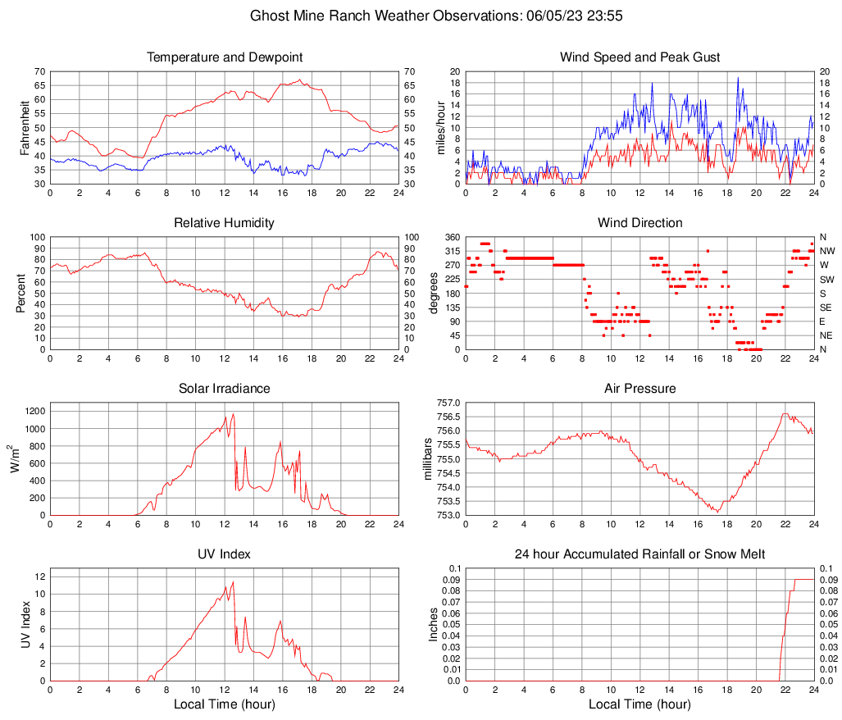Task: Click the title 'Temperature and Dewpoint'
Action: click(224, 57)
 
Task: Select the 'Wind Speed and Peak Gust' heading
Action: click(639, 57)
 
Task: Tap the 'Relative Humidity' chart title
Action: click(224, 223)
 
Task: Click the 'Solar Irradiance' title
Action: click(224, 389)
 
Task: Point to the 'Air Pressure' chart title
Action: click(639, 389)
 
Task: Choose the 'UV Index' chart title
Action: click(224, 554)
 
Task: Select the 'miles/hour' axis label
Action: click(440, 127)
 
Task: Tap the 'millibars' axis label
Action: click(426, 458)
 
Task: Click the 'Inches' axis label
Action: click(434, 624)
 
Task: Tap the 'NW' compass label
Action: click(827, 251)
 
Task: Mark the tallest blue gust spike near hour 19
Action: click(738, 78)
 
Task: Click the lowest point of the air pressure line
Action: click(718, 512)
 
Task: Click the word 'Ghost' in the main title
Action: click(268, 16)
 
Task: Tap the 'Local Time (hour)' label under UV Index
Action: click(224, 704)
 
